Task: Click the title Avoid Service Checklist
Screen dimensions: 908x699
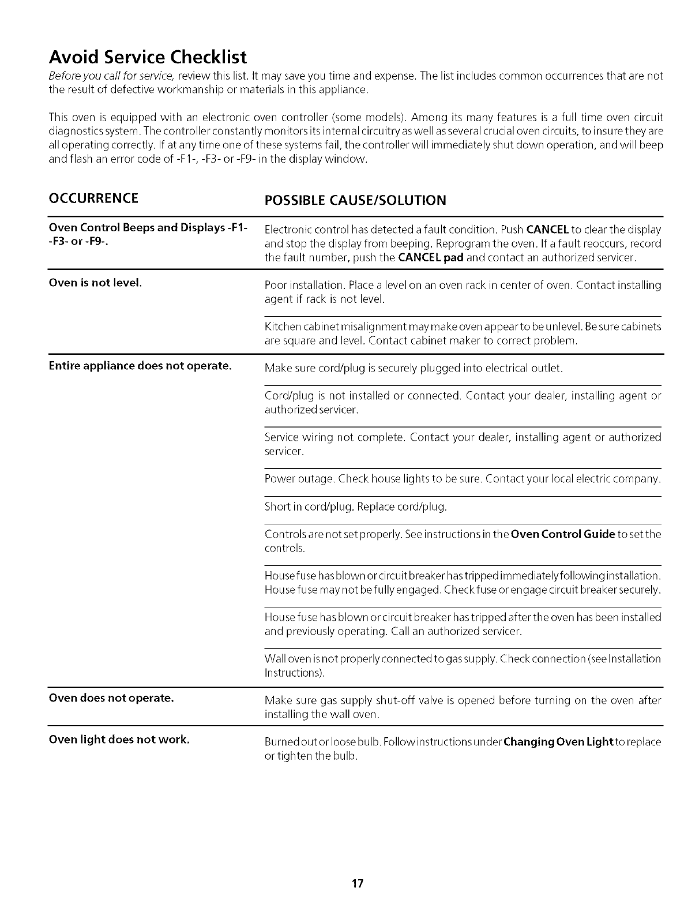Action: click(148, 57)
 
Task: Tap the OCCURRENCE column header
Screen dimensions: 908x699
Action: click(93, 198)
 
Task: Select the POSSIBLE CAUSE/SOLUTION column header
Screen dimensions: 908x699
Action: click(355, 200)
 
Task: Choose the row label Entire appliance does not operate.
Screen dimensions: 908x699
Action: click(140, 366)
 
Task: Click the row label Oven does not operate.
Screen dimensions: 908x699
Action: click(111, 698)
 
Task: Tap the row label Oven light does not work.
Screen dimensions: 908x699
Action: click(119, 739)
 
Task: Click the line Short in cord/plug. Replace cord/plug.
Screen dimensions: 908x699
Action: click(355, 507)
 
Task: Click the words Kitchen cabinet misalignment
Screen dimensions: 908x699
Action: click(332, 327)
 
